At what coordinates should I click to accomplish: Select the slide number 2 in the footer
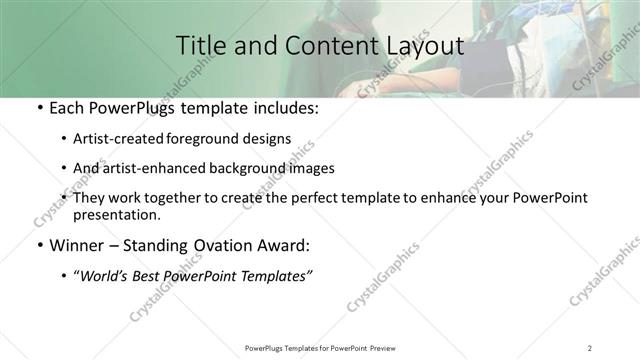pos(590,347)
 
